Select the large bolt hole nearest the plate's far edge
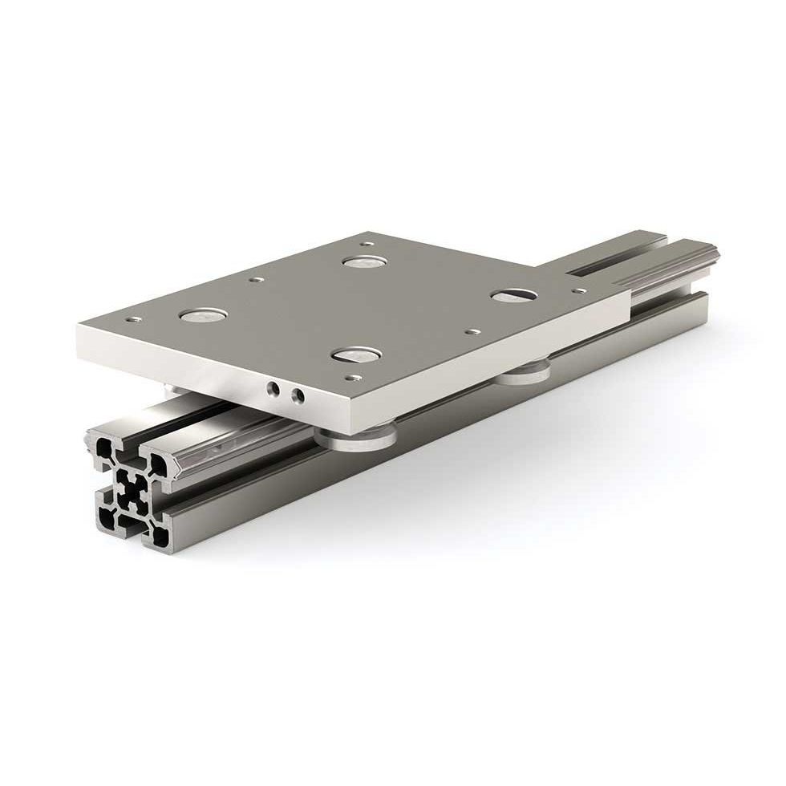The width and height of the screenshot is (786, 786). [x=363, y=262]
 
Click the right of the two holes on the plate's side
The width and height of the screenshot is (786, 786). [x=298, y=395]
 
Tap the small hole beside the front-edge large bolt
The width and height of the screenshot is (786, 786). [x=350, y=375]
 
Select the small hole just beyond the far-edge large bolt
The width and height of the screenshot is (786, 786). [x=366, y=244]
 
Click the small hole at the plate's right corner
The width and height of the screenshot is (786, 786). [x=579, y=290]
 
